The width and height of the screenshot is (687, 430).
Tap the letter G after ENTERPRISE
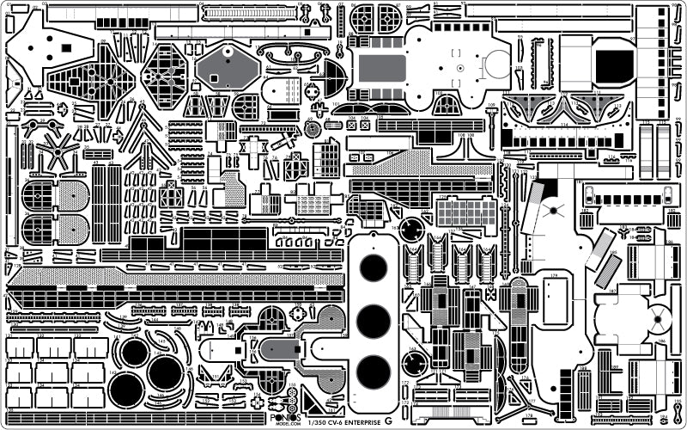pos(388,420)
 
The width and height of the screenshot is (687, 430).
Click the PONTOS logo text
pos(282,412)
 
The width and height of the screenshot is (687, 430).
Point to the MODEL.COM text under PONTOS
pos(282,421)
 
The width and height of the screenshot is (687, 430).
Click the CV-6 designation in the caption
pos(332,421)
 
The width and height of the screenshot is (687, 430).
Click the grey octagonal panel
pos(227,67)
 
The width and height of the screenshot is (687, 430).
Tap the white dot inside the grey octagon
pos(228,52)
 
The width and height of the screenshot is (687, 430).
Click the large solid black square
pos(611,63)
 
